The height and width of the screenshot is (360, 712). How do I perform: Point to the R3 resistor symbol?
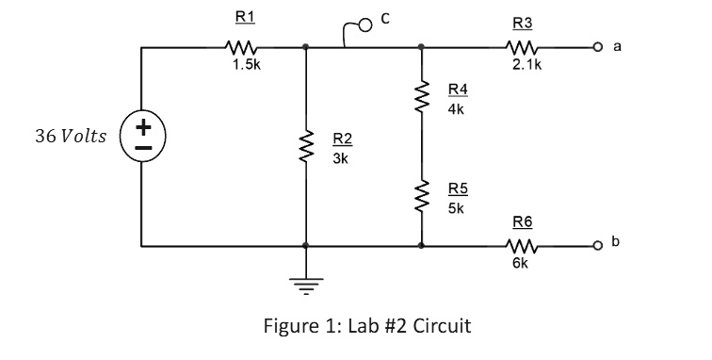coord(521,46)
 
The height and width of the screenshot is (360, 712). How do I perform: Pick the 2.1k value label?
coord(521,67)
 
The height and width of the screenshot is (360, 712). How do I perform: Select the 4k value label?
coord(457,108)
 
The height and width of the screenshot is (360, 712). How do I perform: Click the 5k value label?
coord(456,207)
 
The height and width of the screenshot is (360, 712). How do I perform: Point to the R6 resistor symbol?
coord(521,246)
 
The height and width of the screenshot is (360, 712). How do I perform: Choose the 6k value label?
coord(521,265)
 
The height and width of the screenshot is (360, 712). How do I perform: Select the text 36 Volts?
coord(71,137)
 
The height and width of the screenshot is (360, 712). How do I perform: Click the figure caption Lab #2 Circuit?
coord(369,326)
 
